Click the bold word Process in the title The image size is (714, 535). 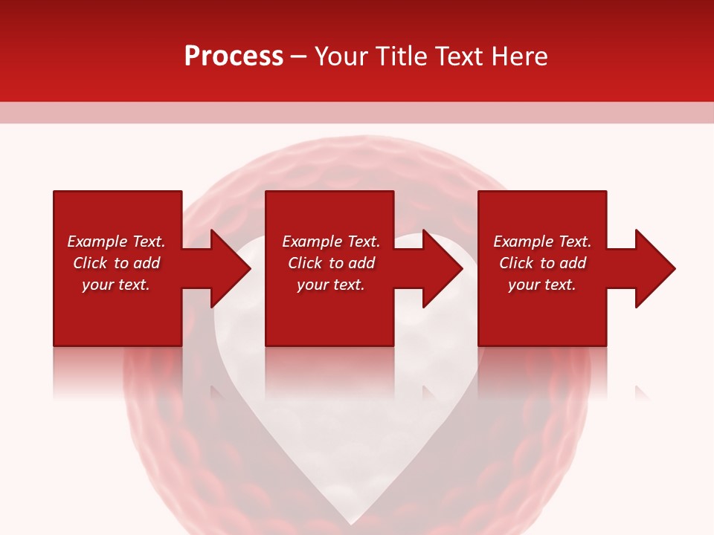pyautogui.click(x=234, y=56)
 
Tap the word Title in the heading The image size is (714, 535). pyautogui.click(x=402, y=56)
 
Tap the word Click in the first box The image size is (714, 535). pyautogui.click(x=91, y=263)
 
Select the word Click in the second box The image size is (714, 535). pyautogui.click(x=306, y=263)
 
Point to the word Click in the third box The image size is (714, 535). pyautogui.click(x=517, y=263)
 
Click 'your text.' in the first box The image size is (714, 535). pyautogui.click(x=116, y=285)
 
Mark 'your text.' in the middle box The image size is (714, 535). pyautogui.click(x=330, y=285)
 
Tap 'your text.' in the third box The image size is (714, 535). pyautogui.click(x=541, y=285)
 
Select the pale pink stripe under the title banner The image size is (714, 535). pyautogui.click(x=357, y=112)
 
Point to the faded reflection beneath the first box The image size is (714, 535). pyautogui.click(x=118, y=372)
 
